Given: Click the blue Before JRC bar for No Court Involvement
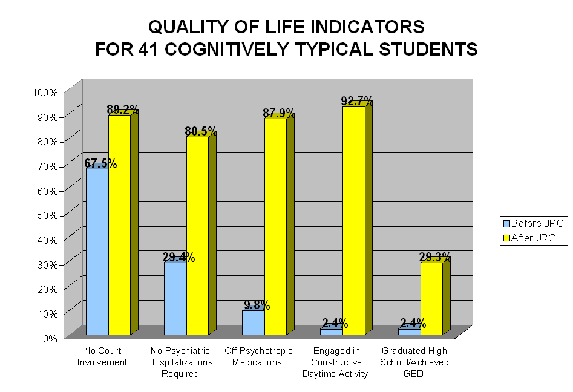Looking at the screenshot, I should point(97,251).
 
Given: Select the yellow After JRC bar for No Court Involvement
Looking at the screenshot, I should point(119,224).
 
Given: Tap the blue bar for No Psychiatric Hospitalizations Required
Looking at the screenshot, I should point(175,298).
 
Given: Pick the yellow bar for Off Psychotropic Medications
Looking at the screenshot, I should point(275,226).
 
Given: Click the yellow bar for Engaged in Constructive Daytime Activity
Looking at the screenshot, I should point(353,220).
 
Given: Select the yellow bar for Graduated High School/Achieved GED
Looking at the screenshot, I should point(431,298).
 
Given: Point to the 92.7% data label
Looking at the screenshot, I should point(357,101).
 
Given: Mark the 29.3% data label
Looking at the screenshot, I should point(435,257).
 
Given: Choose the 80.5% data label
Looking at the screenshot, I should point(201,132).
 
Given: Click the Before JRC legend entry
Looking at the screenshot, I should point(533,223).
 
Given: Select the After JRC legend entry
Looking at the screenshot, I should point(533,238).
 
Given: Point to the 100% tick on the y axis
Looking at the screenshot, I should point(46,92).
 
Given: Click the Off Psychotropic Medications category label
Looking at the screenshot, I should point(258,356).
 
